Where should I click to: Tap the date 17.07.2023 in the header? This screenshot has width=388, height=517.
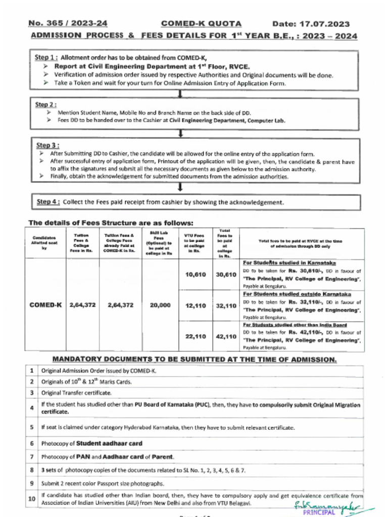pos(311,24)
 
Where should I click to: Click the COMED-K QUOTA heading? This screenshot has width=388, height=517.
pos(201,24)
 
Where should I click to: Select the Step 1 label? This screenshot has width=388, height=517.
pos(47,58)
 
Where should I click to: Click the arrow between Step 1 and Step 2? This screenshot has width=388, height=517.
pos(180,94)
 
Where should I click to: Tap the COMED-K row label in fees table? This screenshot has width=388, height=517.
pos(45,305)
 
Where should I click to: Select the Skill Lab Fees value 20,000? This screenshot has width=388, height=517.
pos(160,305)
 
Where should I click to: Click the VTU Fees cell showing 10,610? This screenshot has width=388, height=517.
pos(196,275)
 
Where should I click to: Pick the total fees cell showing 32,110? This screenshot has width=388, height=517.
pos(226,306)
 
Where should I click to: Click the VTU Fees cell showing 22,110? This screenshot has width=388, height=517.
pos(196,337)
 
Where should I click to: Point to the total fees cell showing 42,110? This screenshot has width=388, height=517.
pos(226,337)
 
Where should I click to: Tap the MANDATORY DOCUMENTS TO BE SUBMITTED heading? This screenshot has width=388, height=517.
pos(195,359)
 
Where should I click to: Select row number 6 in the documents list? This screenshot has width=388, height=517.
pos(31,444)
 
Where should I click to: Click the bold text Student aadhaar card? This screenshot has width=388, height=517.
pos(109,444)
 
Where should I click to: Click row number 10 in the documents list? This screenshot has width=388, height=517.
pos(31,499)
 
